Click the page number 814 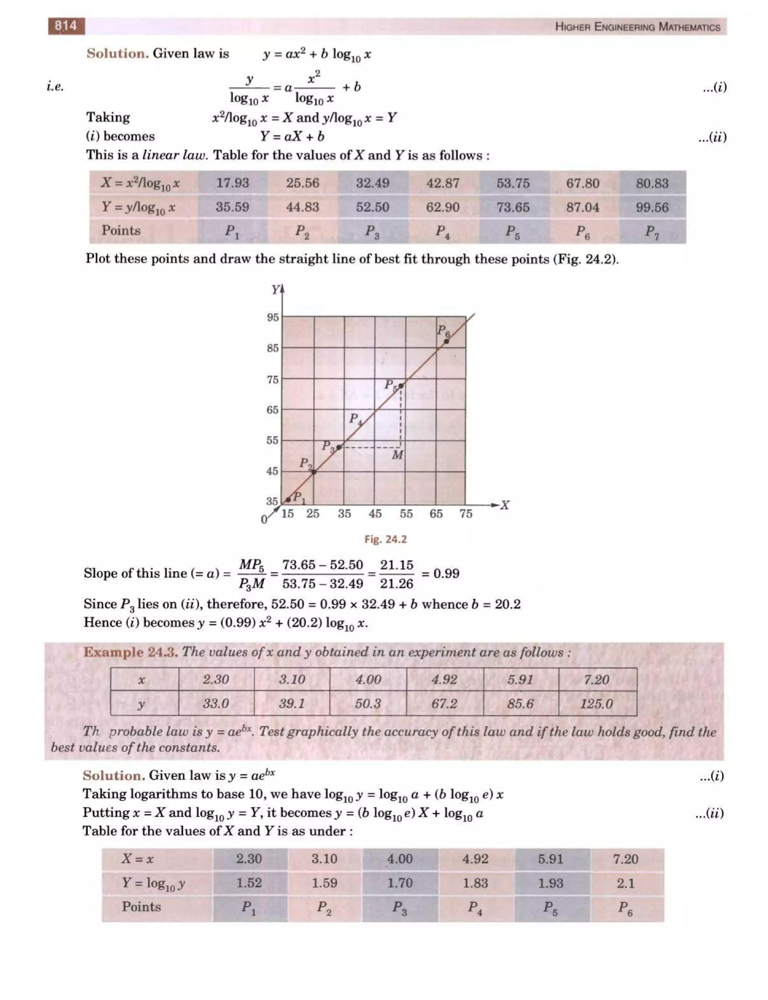pyautogui.click(x=66, y=26)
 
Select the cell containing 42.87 pyautogui.click(x=442, y=183)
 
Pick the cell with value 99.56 pyautogui.click(x=652, y=208)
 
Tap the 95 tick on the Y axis pyautogui.click(x=273, y=317)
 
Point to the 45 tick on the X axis pyautogui.click(x=375, y=514)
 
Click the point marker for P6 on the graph pyautogui.click(x=447, y=341)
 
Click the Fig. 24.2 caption pyautogui.click(x=385, y=539)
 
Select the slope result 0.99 pyautogui.click(x=446, y=573)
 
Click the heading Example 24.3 pyautogui.click(x=130, y=652)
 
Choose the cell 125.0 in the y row pyautogui.click(x=597, y=704)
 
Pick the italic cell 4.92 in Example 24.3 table pyautogui.click(x=444, y=679)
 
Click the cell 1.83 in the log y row pyautogui.click(x=475, y=883)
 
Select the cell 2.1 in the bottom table pyautogui.click(x=625, y=883)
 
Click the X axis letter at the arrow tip pyautogui.click(x=505, y=505)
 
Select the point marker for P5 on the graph pyautogui.click(x=401, y=386)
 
